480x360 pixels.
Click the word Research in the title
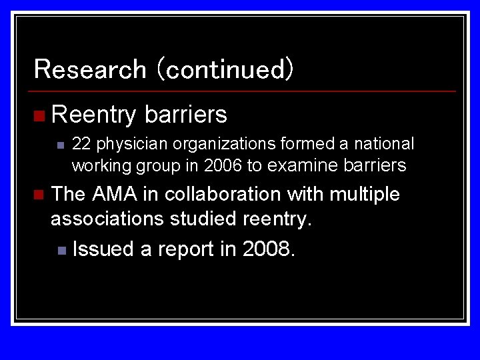point(89,69)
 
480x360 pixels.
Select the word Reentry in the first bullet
point(93,115)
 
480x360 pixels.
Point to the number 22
point(81,144)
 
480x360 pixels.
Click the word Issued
point(103,249)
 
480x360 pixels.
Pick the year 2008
point(268,249)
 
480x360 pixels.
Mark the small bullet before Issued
point(61,251)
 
